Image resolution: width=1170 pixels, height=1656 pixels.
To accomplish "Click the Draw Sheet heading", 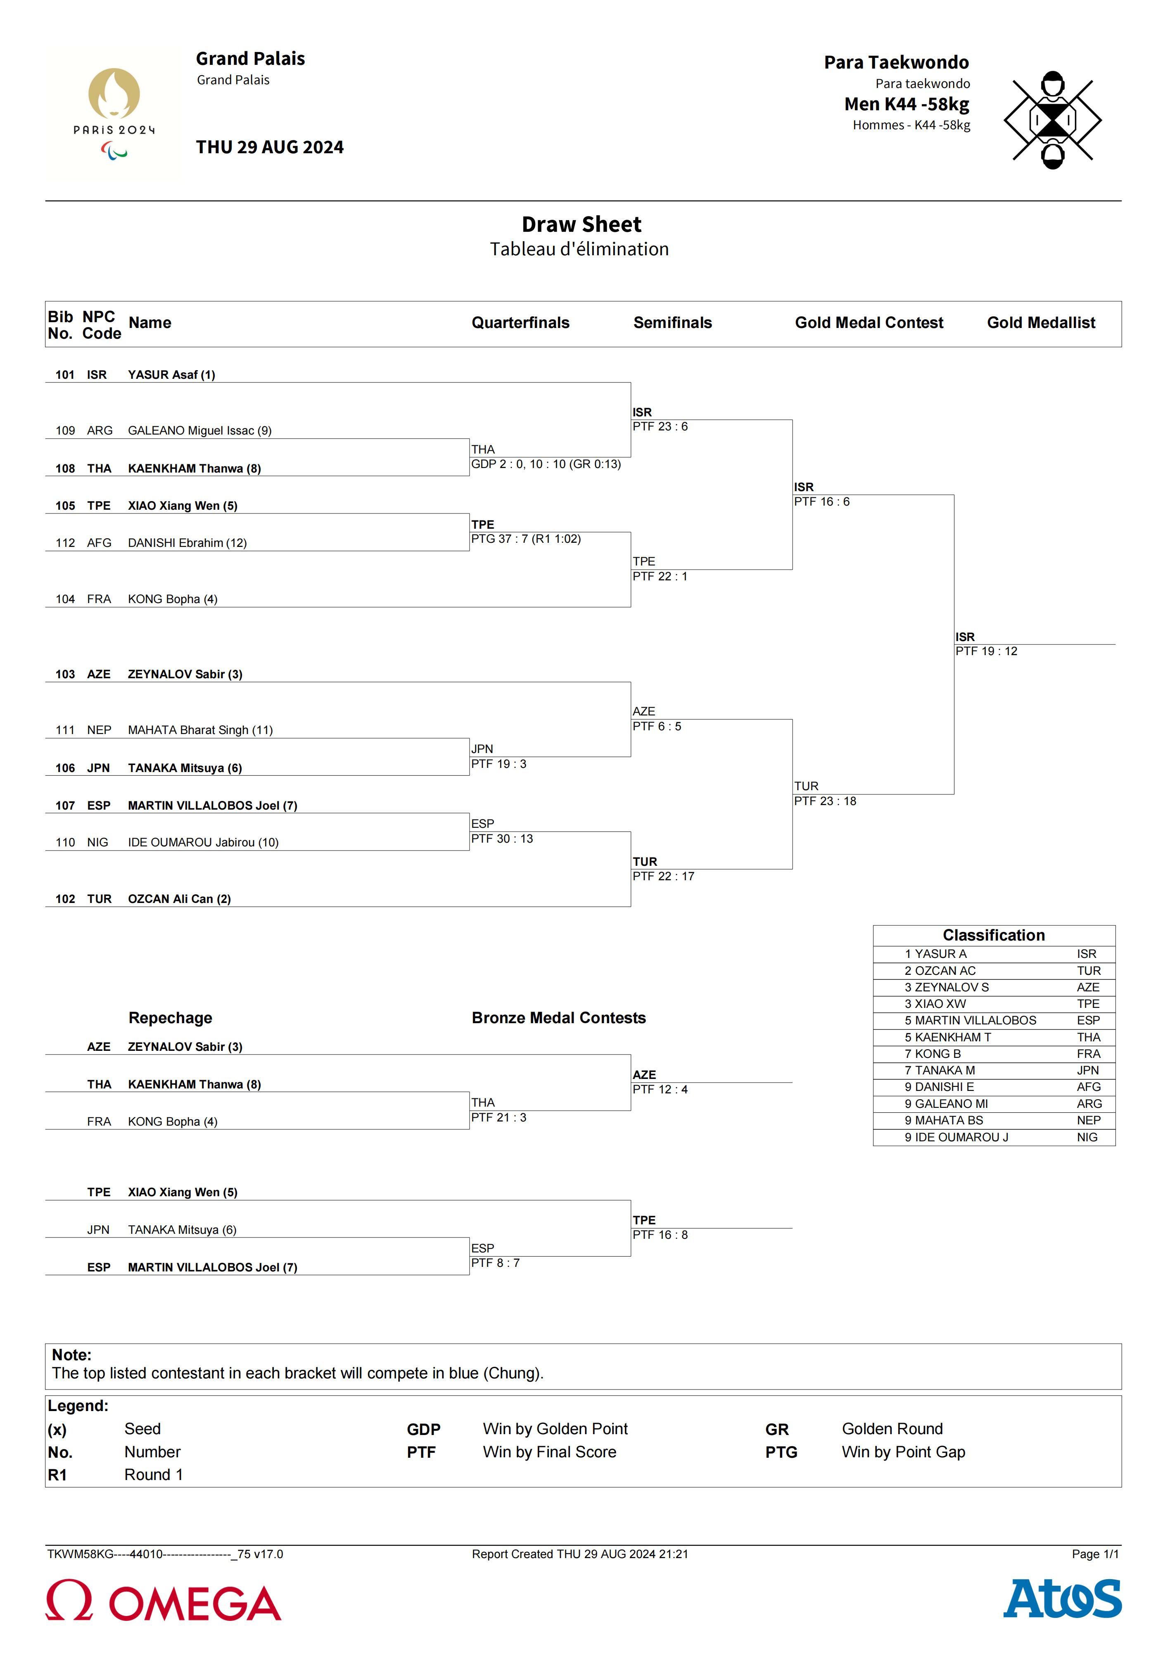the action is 581,224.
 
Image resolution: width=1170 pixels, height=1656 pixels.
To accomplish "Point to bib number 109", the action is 65,430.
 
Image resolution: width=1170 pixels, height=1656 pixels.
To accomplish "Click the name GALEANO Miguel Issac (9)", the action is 200,430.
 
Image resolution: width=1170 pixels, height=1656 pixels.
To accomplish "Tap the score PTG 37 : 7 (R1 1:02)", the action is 526,539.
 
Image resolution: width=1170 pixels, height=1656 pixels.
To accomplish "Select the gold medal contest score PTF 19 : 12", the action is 986,651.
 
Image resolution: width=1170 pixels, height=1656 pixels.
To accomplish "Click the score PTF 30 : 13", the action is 502,839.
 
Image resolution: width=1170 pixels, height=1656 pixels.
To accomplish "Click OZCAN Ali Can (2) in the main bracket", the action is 180,899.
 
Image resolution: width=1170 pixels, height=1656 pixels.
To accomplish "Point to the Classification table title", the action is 993,936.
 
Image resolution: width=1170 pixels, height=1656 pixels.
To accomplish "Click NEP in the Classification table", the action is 1089,1120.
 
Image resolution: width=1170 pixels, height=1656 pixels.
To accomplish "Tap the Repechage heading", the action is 170,1018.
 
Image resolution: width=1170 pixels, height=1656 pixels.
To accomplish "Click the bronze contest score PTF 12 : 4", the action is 660,1089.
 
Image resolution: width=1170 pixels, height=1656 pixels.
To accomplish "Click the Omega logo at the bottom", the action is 164,1601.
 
